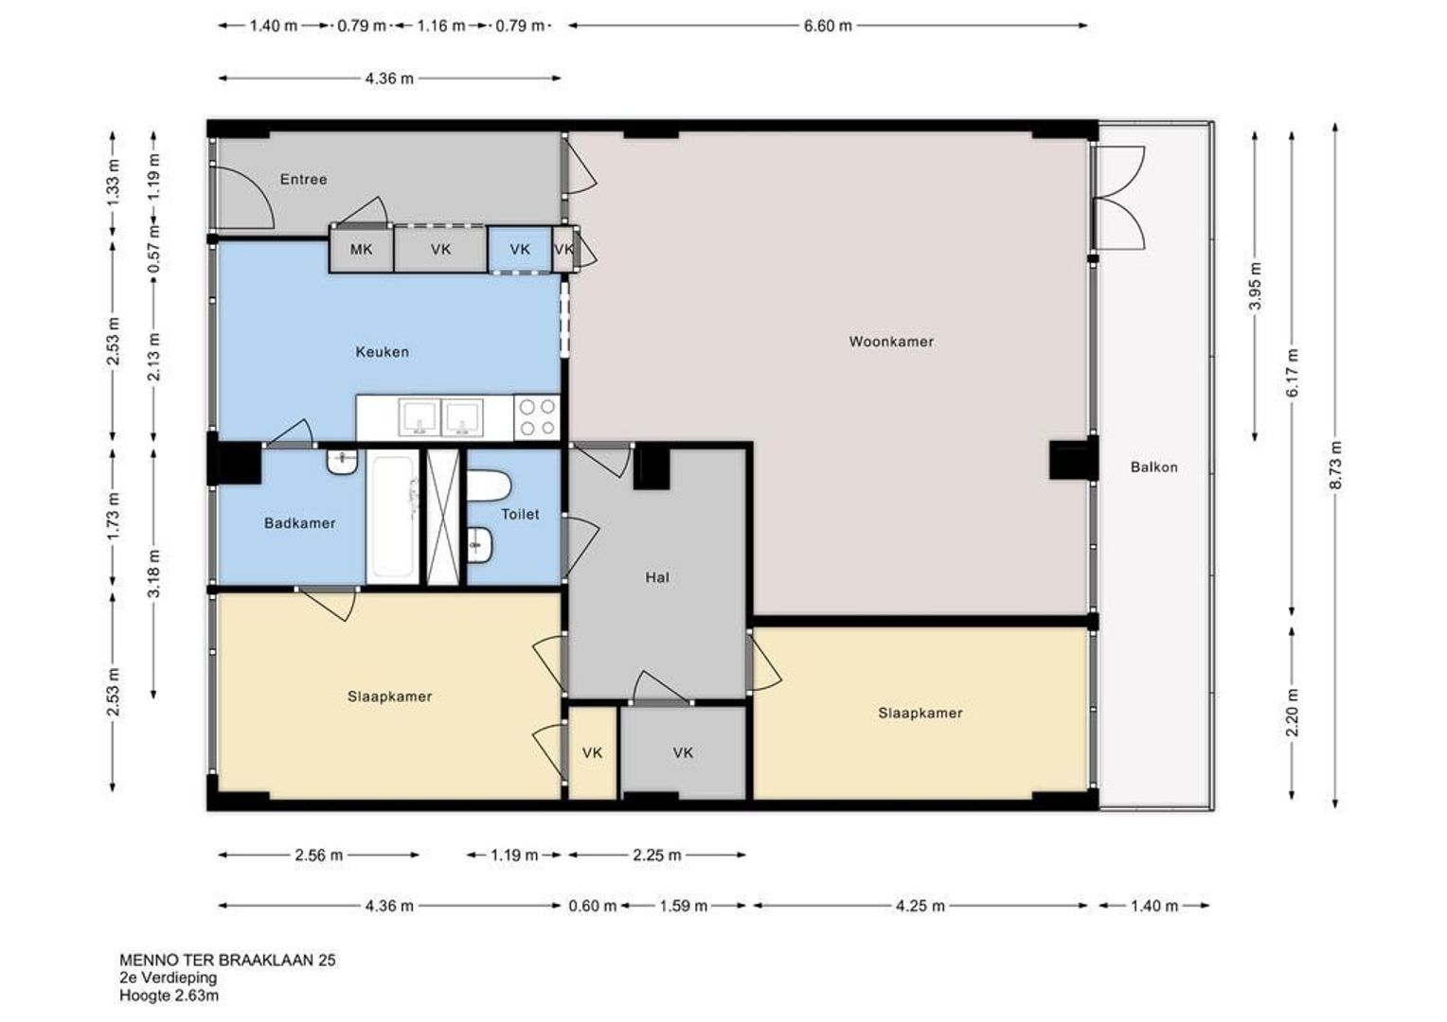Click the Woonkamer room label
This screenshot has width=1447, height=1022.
click(x=891, y=342)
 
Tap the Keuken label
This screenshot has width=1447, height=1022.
click(x=383, y=352)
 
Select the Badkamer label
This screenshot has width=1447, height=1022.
click(x=300, y=523)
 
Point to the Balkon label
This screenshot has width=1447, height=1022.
click(x=1153, y=467)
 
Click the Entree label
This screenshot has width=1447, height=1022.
click(x=303, y=179)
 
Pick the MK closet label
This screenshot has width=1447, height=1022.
click(x=361, y=249)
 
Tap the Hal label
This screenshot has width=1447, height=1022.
click(x=657, y=577)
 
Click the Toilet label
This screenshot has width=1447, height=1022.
click(x=520, y=514)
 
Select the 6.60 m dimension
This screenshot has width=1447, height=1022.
click(x=828, y=26)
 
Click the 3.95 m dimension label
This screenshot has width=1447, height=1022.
click(x=1255, y=286)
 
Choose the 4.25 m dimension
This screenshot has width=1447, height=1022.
click(x=920, y=906)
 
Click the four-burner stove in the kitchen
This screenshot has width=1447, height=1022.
click(x=538, y=417)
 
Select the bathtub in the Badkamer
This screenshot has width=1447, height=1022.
click(x=393, y=517)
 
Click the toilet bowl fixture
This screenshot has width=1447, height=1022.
click(x=489, y=486)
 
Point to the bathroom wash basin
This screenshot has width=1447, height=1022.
click(x=343, y=462)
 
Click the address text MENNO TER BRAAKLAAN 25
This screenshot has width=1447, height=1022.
click(x=227, y=960)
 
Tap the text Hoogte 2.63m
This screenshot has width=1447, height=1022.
click(x=170, y=995)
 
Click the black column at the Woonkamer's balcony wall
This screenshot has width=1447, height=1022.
click(x=1074, y=459)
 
